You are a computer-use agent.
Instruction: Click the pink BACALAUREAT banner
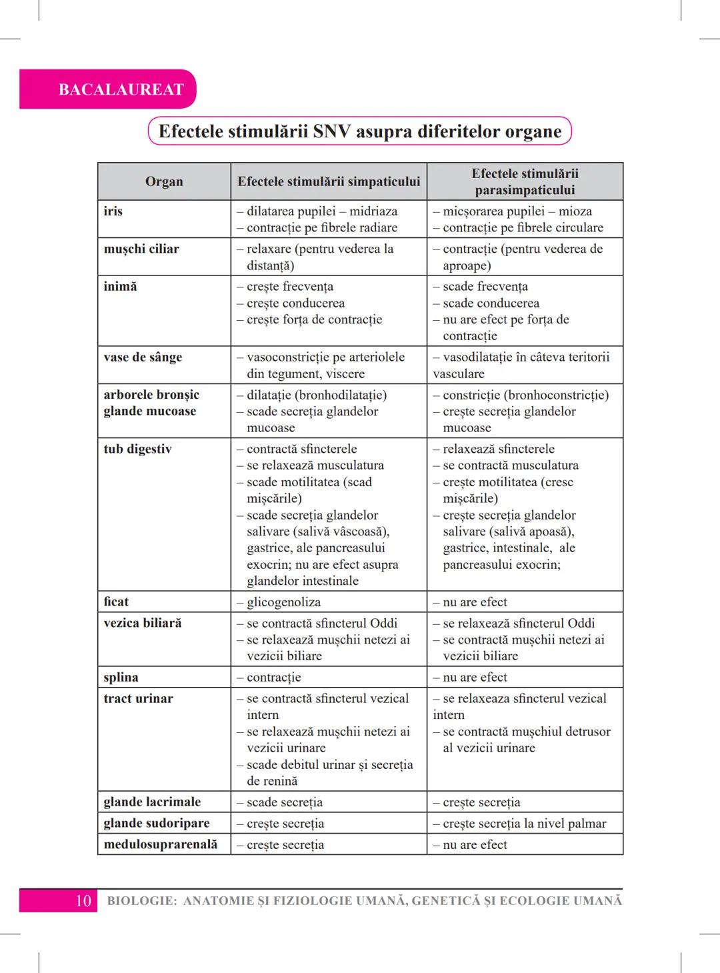pos(121,89)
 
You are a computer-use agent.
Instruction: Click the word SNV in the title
pos(331,131)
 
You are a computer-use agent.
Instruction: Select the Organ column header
pos(164,181)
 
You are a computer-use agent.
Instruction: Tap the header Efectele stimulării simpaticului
pos(329,181)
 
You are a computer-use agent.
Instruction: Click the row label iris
pos(113,211)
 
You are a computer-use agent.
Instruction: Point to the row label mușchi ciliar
pos(141,249)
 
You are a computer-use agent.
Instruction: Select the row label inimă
pos(120,286)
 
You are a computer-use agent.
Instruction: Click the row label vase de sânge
pos(143,357)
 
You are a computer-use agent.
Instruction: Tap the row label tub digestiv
pos(137,449)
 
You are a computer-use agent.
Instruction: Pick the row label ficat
pos(116,602)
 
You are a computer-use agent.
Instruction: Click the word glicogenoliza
pos(283,602)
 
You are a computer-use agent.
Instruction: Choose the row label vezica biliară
pos(143,623)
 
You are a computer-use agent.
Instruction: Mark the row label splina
pos(121,677)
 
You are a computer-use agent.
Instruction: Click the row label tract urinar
pos(138,698)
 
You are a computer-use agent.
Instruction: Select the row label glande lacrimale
pos(152,802)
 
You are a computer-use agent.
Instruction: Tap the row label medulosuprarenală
pos(161,844)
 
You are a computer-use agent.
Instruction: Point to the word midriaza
pos(373,211)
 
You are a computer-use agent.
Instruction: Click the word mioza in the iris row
pos(575,211)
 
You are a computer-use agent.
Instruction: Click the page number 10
pos(83,901)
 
